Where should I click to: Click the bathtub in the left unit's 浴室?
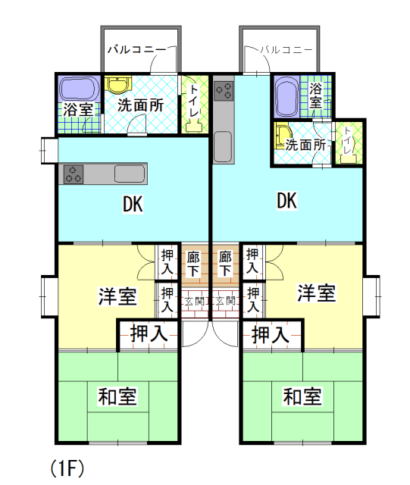[x=80, y=89]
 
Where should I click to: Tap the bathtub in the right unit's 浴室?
[x=286, y=96]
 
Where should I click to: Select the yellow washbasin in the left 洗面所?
[x=117, y=85]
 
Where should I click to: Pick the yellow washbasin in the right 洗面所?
[x=283, y=136]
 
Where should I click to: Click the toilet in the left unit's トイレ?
[x=194, y=127]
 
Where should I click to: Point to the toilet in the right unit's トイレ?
[x=348, y=159]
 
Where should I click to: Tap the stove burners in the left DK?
[x=74, y=174]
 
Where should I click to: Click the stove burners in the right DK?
[x=224, y=91]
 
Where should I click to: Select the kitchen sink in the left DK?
[x=130, y=174]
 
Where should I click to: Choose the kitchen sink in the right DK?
[x=223, y=146]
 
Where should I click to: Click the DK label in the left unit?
[x=133, y=205]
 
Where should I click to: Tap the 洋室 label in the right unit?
[x=316, y=293]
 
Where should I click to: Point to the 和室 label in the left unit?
[x=117, y=396]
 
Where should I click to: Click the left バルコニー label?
[x=137, y=49]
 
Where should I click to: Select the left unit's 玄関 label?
[x=195, y=301]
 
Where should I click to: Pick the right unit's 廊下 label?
[x=225, y=264]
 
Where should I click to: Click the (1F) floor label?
[x=67, y=468]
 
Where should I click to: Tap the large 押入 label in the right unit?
[x=271, y=334]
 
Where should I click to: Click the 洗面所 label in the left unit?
[x=140, y=105]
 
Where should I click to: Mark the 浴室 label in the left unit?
[x=78, y=109]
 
